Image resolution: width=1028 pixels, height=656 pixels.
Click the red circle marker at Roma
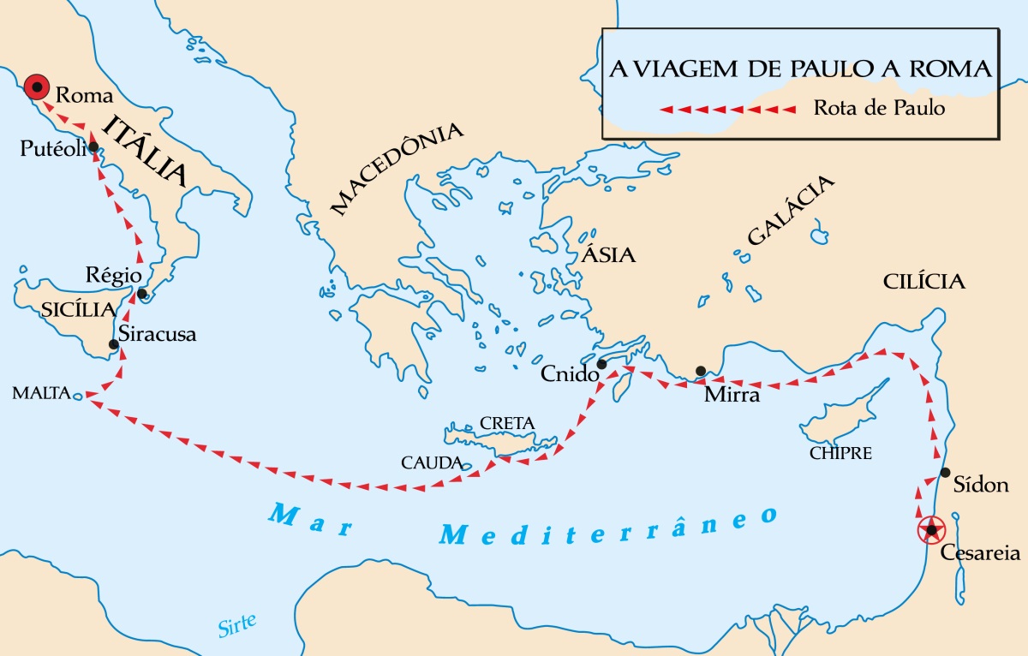[36, 86]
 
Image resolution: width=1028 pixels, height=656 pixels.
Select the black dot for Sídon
[945, 472]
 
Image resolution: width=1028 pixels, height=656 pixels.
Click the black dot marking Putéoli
[93, 146]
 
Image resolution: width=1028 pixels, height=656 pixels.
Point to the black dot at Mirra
[701, 371]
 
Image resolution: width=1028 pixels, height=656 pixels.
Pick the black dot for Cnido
[601, 364]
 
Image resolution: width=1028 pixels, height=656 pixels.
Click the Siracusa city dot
[113, 345]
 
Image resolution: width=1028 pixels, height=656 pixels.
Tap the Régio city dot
[142, 295]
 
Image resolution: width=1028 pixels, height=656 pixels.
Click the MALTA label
[39, 393]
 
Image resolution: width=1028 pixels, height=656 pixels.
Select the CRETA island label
[507, 423]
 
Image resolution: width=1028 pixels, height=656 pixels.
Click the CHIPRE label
[840, 453]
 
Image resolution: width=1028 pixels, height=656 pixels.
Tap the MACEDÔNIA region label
[397, 169]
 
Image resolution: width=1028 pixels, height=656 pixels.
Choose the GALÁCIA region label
[791, 211]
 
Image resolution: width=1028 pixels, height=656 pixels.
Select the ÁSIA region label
[608, 254]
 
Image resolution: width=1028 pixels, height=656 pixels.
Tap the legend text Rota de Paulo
[879, 109]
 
